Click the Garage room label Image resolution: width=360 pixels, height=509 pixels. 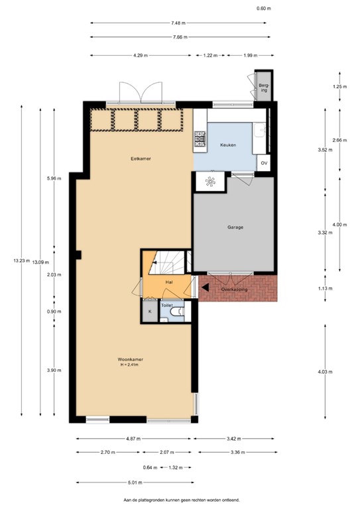[235, 227]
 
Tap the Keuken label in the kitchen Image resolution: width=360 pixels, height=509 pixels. [228, 145]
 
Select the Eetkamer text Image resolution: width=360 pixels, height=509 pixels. [141, 159]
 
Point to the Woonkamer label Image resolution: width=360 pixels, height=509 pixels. [130, 359]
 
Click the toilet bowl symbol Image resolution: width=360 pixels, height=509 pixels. [178, 311]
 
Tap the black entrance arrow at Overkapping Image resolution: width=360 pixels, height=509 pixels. [205, 287]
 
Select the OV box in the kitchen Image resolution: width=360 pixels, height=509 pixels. [264, 163]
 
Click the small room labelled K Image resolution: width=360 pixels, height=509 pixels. [150, 311]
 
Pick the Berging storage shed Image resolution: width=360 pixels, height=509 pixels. [264, 87]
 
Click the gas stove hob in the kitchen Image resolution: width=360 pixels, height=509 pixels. [200, 139]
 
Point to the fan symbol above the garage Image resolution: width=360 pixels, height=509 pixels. [210, 182]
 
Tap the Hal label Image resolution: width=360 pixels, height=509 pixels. [169, 282]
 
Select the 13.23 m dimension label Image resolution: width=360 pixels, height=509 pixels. [22, 260]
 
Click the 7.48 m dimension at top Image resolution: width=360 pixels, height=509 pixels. [178, 23]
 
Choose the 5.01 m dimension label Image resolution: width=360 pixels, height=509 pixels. [135, 482]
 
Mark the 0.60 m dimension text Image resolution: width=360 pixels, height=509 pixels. [264, 9]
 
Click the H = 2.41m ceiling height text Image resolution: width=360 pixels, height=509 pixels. [129, 365]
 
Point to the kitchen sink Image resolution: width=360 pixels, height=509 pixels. [259, 131]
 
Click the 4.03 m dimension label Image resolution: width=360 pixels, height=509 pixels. [325, 372]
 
